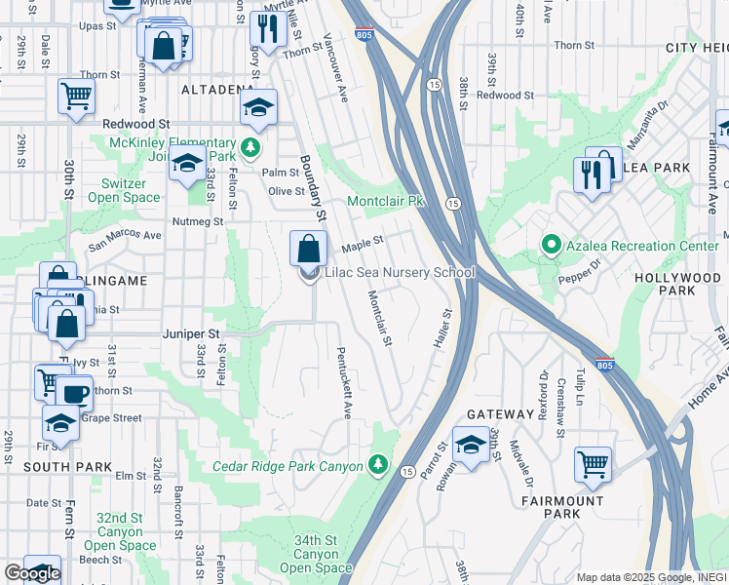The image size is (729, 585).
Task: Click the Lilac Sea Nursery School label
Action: tap(400, 273)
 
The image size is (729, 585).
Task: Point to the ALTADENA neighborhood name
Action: tap(217, 90)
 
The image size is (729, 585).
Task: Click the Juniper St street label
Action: tap(195, 332)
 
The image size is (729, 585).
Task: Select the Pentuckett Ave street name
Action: tap(343, 382)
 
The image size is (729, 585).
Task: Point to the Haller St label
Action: tap(441, 331)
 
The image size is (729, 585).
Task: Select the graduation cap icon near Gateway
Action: tap(471, 445)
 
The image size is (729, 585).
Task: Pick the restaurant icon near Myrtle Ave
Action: tap(264, 29)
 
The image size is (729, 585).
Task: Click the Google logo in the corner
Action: tap(31, 573)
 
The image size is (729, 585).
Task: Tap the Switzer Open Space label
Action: tap(125, 190)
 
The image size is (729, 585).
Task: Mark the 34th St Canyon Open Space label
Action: tap(316, 554)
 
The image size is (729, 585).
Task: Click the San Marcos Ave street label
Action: tap(125, 235)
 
